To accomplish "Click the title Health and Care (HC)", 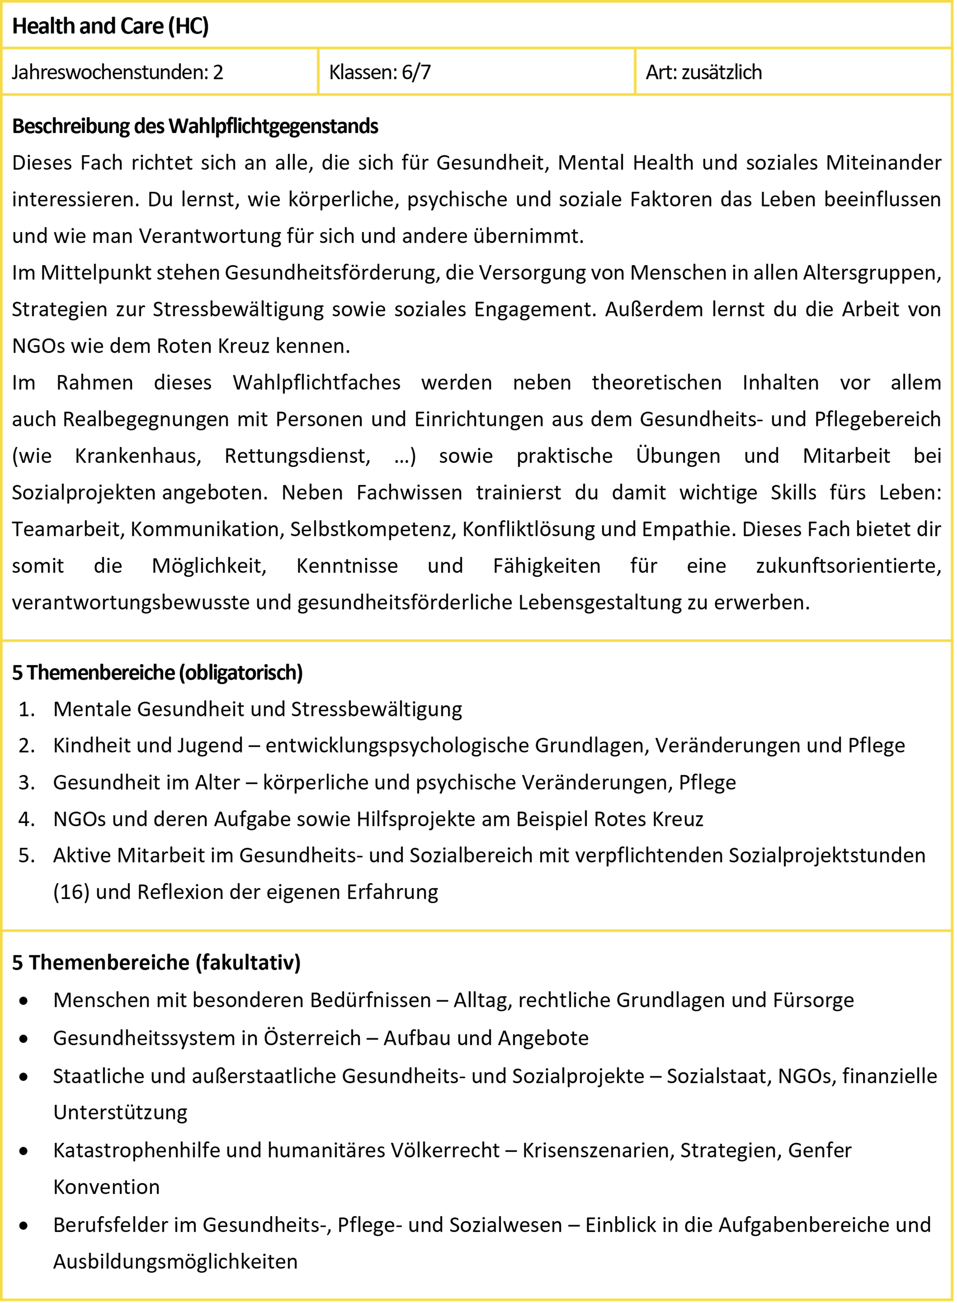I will click(x=110, y=26).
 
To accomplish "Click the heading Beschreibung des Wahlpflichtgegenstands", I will click(x=195, y=126).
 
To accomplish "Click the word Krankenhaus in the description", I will click(x=138, y=456).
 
